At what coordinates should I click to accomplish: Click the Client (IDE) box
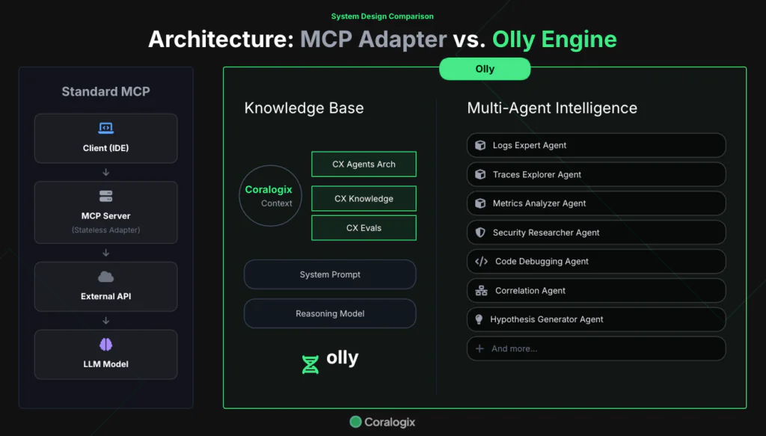105,138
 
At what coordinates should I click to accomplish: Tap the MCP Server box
105,212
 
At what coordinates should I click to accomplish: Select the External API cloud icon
105,277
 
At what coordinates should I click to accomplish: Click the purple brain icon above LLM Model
105,345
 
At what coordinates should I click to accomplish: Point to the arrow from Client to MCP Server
105,173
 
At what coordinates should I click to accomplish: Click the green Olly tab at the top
485,69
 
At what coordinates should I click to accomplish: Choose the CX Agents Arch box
364,165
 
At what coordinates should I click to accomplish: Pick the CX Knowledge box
364,199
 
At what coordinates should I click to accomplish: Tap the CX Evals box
364,228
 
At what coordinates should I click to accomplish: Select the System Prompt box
330,274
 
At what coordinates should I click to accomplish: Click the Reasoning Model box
330,313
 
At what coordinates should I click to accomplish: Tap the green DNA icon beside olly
310,364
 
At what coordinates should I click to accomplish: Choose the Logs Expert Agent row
596,145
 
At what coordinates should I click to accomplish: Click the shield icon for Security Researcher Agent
480,233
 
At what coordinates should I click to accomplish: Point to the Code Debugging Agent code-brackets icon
481,262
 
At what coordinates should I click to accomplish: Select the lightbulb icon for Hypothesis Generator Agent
479,319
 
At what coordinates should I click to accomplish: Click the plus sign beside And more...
480,349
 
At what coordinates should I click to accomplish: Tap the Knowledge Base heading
304,108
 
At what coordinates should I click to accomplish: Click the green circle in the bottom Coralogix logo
356,423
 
